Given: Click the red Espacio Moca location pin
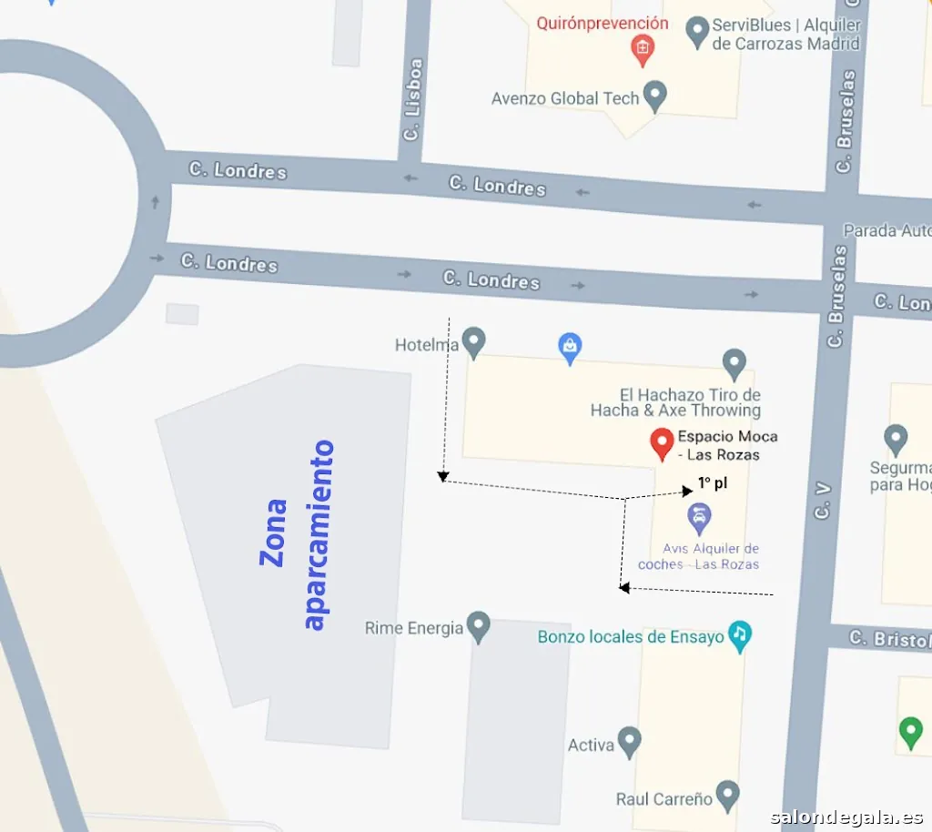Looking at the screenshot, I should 662,442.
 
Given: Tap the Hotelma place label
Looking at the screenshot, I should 426,345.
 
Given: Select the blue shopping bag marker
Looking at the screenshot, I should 570,348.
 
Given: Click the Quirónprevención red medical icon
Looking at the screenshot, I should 643,49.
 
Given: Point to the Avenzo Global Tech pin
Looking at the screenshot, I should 654,96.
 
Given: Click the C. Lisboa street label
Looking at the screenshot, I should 413,100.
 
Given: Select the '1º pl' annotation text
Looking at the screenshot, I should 713,482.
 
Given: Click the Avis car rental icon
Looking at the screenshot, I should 699,520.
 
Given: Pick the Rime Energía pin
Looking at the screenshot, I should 478,626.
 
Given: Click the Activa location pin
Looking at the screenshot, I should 629,743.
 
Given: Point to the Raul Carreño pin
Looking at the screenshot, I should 726,796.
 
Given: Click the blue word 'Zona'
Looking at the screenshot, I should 273,533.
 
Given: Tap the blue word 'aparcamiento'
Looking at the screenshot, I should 318,534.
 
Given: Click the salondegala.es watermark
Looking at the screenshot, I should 846,817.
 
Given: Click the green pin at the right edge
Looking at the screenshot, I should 910,732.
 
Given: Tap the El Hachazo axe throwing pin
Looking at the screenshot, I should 734,364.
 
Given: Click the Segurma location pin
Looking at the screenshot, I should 896,439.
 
